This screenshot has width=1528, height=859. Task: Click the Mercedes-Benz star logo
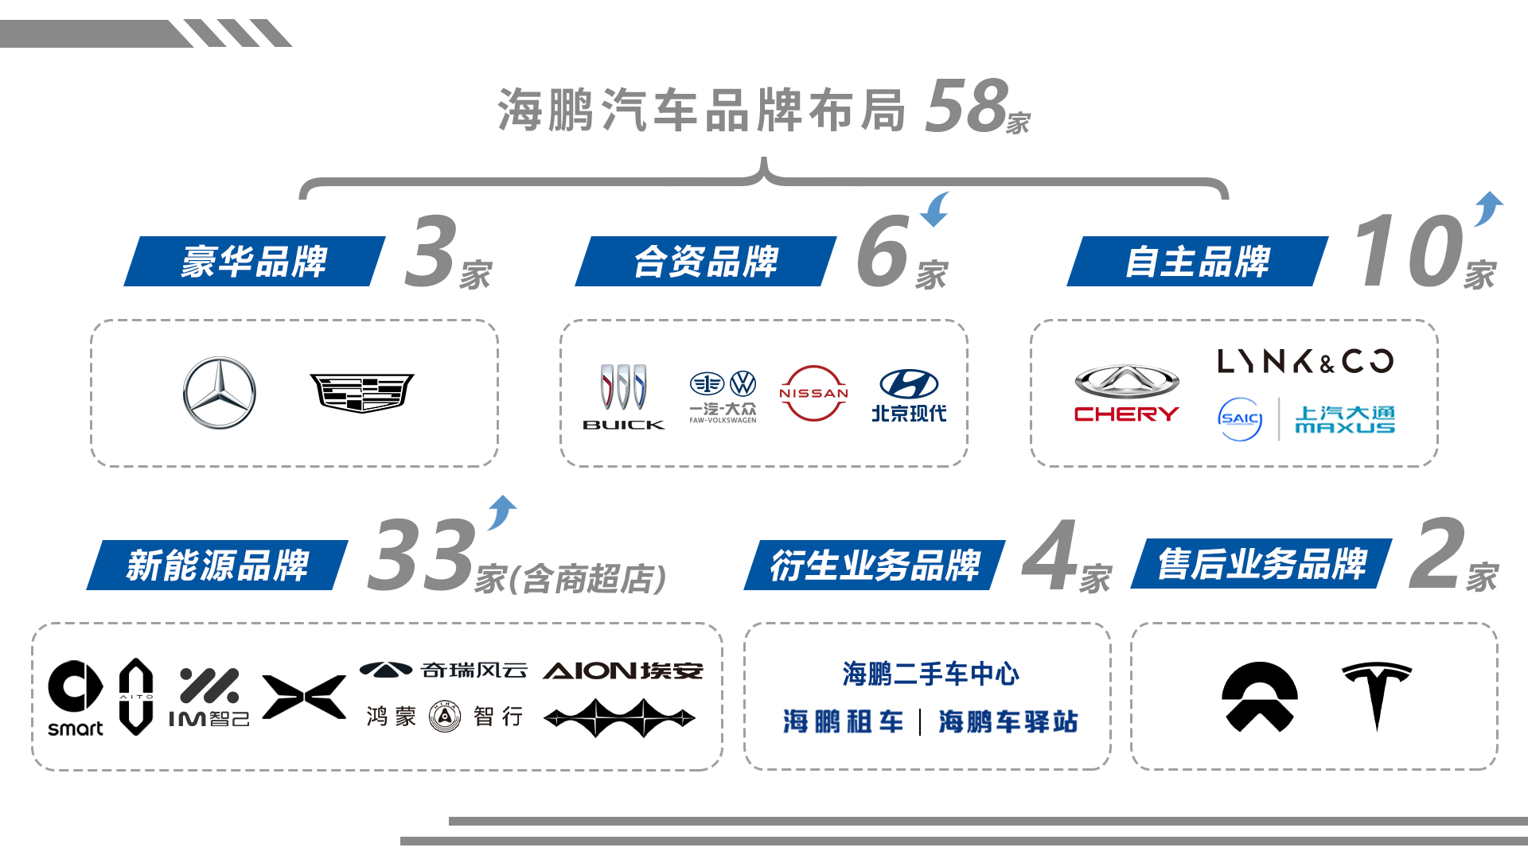point(220,393)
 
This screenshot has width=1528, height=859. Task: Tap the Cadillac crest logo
point(362,393)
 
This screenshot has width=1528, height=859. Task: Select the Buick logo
point(624,397)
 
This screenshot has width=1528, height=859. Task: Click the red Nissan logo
point(813,393)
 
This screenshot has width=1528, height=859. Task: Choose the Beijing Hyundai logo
point(909,395)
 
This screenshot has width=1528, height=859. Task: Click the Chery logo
point(1126,394)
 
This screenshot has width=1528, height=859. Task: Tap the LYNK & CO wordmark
point(1305,361)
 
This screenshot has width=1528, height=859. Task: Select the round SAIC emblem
point(1240,419)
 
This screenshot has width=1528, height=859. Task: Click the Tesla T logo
point(1377,694)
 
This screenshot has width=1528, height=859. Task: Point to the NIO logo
point(1260,697)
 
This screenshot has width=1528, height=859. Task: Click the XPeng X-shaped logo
point(304,697)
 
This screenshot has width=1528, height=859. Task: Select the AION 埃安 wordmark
point(623,671)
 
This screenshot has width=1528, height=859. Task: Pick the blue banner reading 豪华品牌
point(255,261)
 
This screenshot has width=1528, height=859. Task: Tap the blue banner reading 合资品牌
point(706,261)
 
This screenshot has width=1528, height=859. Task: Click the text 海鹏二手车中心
point(930,674)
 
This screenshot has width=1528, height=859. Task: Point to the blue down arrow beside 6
point(935,209)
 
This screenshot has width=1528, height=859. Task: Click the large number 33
point(422,554)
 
